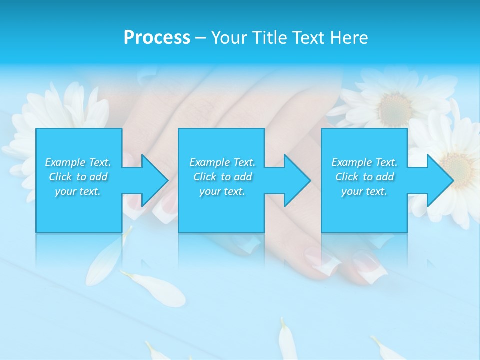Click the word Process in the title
tap(157, 38)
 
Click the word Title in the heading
tap(270, 38)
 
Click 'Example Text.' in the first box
tap(78, 162)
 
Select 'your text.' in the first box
tap(78, 191)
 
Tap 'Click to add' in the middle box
tap(222, 177)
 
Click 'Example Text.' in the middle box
tap(222, 162)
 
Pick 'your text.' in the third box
tap(364, 191)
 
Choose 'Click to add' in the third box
tap(364, 177)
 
